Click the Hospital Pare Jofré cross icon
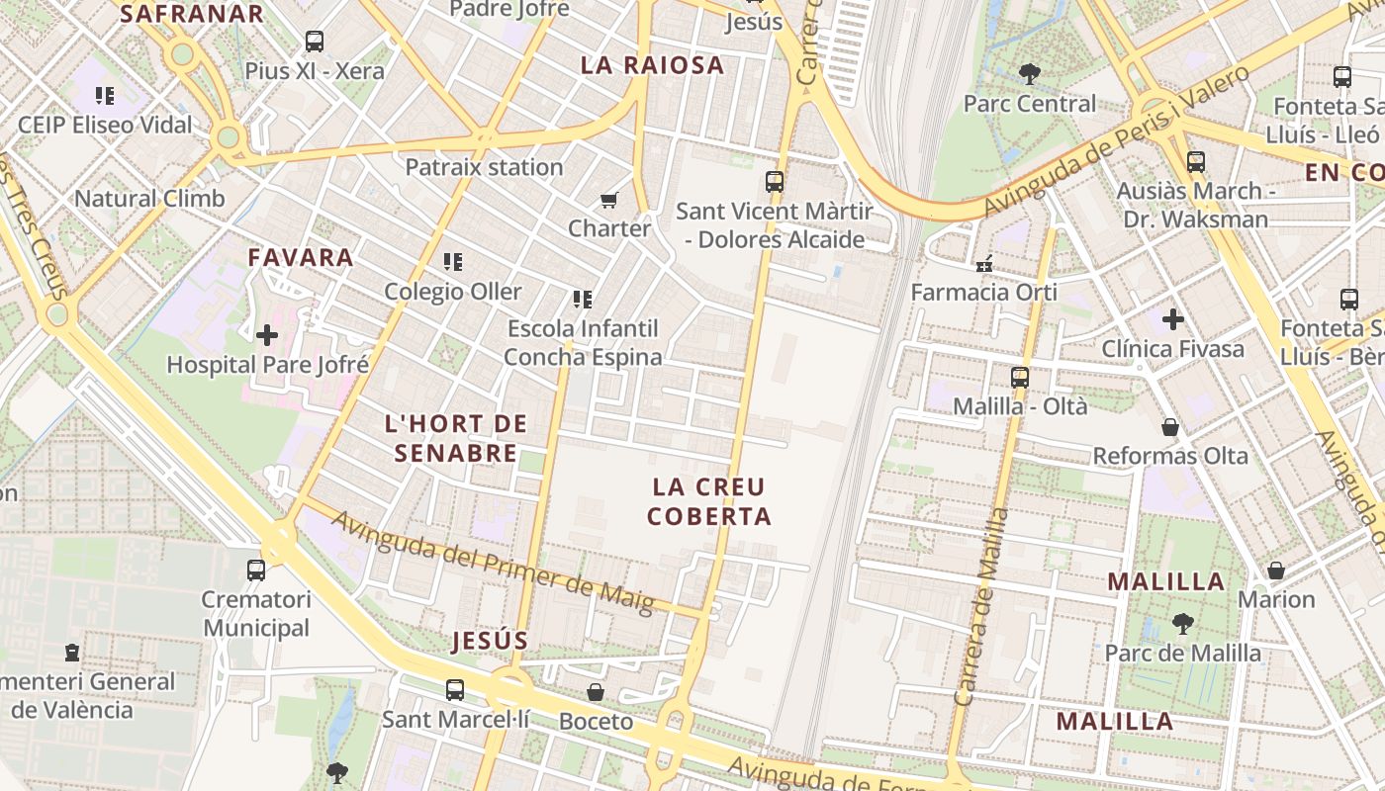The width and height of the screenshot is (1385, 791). click(x=267, y=335)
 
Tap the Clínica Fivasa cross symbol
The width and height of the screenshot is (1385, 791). click(x=1173, y=319)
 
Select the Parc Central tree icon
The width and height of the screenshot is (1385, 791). click(x=1029, y=73)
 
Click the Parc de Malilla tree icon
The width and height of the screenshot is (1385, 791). click(x=1182, y=624)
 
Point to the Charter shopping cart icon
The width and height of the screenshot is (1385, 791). click(x=609, y=200)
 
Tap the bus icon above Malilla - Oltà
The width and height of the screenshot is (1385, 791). click(x=1020, y=378)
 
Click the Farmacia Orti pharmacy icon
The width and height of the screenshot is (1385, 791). click(x=983, y=264)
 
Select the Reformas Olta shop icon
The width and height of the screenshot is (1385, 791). click(x=1170, y=427)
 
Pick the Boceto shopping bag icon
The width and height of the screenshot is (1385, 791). click(x=596, y=692)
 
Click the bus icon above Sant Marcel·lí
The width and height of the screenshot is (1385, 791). click(x=455, y=689)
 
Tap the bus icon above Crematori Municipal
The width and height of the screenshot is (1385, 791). click(x=256, y=571)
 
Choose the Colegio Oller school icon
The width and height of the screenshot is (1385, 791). click(x=453, y=262)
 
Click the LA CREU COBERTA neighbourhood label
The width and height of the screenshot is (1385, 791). click(x=708, y=501)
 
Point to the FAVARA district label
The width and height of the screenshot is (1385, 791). click(x=301, y=258)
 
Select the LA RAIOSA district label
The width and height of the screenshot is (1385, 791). click(x=652, y=66)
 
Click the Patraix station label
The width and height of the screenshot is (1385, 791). click(x=484, y=167)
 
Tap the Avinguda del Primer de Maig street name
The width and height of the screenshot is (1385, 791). click(x=492, y=562)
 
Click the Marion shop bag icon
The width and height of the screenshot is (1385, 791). click(x=1276, y=571)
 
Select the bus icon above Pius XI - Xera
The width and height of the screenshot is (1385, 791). click(x=315, y=42)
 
